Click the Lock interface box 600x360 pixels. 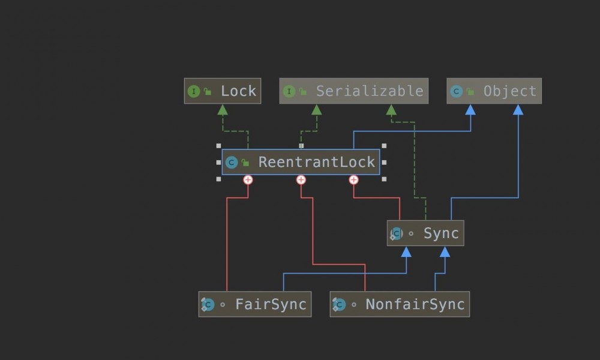[x=223, y=91]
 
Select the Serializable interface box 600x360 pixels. [x=354, y=91]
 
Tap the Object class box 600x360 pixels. [x=494, y=91]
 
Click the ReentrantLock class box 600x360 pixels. [x=301, y=162]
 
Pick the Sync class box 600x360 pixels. [x=425, y=233]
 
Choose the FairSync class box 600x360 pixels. [x=255, y=304]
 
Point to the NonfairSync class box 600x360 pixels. [x=400, y=304]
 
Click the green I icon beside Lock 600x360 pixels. [x=193, y=91]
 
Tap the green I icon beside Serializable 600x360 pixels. [x=289, y=91]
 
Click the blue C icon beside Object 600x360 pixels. [x=456, y=91]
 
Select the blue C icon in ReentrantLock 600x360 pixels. [x=231, y=162]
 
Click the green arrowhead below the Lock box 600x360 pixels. [x=223, y=109]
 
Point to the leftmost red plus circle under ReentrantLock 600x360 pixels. [x=248, y=179]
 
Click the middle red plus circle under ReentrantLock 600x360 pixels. [x=301, y=179]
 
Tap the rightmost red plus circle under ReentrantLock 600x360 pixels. [x=353, y=179]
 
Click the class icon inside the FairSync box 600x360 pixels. [x=208, y=305]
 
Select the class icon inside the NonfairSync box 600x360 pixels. [x=339, y=305]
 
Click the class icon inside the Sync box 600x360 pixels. [x=396, y=233]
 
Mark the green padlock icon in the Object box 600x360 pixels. [x=470, y=92]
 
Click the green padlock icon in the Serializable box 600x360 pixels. [x=303, y=92]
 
